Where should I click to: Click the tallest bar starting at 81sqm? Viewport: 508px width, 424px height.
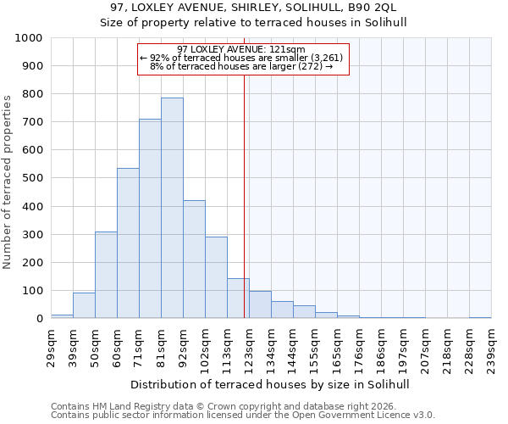click(172, 208)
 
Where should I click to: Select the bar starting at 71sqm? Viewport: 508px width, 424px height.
click(150, 219)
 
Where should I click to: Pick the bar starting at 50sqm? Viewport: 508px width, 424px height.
click(106, 275)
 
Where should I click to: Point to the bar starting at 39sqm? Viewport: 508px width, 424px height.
click(84, 305)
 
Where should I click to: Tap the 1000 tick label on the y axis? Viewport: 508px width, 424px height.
click(29, 38)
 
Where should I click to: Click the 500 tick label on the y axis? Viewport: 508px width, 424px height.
click(32, 179)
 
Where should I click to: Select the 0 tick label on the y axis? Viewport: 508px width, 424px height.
click(39, 319)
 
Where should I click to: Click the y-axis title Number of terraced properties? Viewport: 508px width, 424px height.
click(8, 181)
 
